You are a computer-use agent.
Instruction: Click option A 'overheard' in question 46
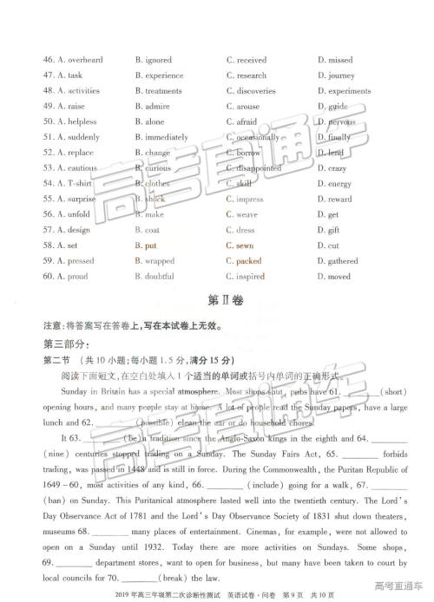(79, 60)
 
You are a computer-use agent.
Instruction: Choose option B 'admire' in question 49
(156, 107)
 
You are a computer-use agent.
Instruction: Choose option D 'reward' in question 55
(339, 200)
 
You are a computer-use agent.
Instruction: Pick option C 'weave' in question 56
(247, 214)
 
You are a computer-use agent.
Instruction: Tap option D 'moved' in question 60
(339, 277)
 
